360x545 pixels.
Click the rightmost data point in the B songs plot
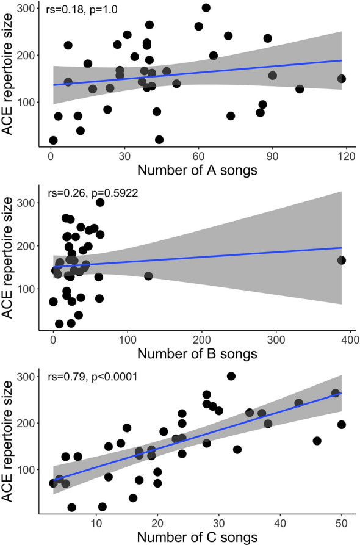(342, 261)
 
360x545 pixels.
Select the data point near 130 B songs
(148, 276)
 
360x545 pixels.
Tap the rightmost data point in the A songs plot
(342, 79)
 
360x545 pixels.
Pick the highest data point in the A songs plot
(206, 8)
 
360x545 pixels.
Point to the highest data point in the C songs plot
(231, 376)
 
